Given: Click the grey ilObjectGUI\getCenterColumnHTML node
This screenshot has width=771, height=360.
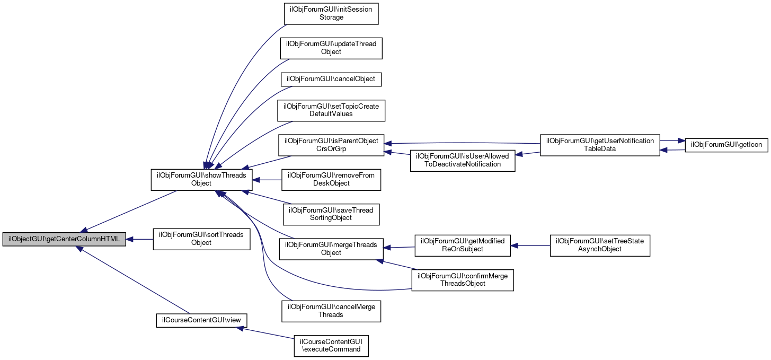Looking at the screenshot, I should pyautogui.click(x=64, y=239).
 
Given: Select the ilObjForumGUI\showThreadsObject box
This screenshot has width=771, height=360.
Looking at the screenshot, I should pyautogui.click(x=201, y=179).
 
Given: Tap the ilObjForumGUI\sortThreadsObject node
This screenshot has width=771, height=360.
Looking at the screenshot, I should pyautogui.click(x=201, y=239).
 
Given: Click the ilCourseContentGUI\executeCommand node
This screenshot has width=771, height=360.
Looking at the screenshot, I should pyautogui.click(x=331, y=345).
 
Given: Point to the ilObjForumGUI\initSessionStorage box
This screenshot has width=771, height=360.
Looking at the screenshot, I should pyautogui.click(x=331, y=14).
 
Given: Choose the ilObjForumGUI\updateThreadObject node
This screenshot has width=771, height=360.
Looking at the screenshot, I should pyautogui.click(x=331, y=48).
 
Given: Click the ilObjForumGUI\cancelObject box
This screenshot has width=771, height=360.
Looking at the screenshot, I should pyautogui.click(x=331, y=78).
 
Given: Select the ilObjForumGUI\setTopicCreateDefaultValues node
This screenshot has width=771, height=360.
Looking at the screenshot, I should pyautogui.click(x=331, y=110).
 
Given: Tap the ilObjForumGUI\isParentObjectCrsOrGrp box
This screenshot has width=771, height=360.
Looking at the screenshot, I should pyautogui.click(x=331, y=145).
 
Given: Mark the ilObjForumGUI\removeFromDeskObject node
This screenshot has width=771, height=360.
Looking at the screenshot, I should pyautogui.click(x=331, y=179).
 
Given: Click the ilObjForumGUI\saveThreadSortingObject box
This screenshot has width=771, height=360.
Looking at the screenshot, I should pyautogui.click(x=331, y=214).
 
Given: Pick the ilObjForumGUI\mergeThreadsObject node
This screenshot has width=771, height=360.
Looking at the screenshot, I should pyautogui.click(x=331, y=249).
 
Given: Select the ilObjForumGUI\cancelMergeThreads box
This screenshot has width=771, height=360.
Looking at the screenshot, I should pyautogui.click(x=331, y=311).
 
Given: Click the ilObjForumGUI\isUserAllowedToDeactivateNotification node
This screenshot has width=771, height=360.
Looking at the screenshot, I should pyautogui.click(x=462, y=160).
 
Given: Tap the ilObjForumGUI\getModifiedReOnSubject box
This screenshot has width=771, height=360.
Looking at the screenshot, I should pyautogui.click(x=462, y=245).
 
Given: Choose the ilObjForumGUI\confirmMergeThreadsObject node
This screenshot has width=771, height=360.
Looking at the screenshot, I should pyautogui.click(x=462, y=279).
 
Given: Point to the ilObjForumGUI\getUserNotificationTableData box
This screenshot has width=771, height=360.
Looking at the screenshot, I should pyautogui.click(x=600, y=145).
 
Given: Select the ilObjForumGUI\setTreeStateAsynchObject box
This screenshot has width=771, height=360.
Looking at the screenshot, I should pyautogui.click(x=600, y=245).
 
